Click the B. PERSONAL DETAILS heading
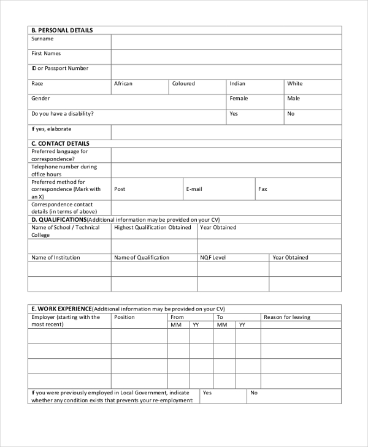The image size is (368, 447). pos(62,30)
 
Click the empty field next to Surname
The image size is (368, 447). pos(226,42)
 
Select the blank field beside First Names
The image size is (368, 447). pos(226,56)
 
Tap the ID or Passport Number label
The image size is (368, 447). pos(59,69)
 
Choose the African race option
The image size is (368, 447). pos(123,84)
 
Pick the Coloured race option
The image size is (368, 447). pos(183,84)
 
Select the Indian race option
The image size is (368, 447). pos(237,84)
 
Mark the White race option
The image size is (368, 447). pos(295,84)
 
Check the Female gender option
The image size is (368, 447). pos(239,99)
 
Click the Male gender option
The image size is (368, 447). pos(294,99)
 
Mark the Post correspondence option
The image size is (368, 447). pos(120,189)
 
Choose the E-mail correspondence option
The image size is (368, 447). pos(194,189)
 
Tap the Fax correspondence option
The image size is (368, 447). pos(263,189)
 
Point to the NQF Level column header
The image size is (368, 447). pos(213,258)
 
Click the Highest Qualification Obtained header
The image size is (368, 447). pos(153,227)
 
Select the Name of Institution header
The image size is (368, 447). pos(56,258)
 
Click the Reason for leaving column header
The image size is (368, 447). pos(287,317)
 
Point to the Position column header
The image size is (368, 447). pos(125,317)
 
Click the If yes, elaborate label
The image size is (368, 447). pos(52,129)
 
